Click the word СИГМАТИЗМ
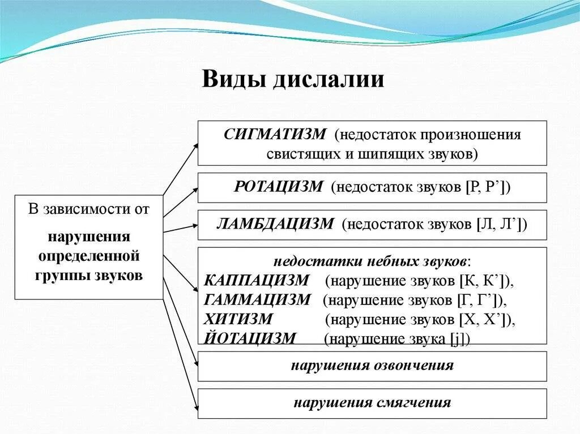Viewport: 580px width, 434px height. coord(275,135)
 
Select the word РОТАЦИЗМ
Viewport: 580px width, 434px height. coord(278,187)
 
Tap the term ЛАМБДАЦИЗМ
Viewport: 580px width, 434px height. coord(275,224)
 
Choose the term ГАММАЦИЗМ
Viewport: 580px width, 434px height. coord(257,300)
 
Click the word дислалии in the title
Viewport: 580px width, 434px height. coord(329,80)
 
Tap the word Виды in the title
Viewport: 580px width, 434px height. coord(234,80)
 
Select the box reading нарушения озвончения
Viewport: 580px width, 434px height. coord(372,366)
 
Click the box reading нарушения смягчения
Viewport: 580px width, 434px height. coord(372,403)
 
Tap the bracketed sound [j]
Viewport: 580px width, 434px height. coord(459,339)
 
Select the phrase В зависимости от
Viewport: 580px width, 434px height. coord(89,209)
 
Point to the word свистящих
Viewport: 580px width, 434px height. coord(304,153)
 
